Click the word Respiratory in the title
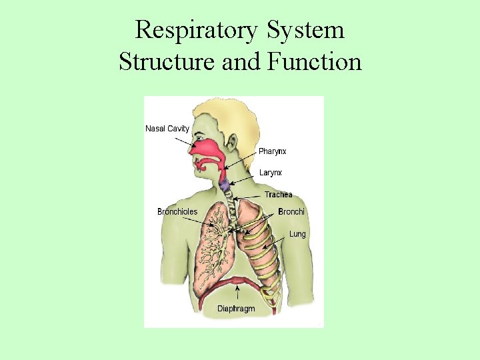pos(202,31)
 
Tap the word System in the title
pos(310,31)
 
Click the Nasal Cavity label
pos(167,129)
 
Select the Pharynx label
pos(273,152)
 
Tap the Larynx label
pos(270,173)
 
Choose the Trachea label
pos(278,195)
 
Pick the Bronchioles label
pos(177,212)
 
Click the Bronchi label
pos(291,212)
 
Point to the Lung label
pos(297,234)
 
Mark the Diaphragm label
pos(236,309)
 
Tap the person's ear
pos(233,143)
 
